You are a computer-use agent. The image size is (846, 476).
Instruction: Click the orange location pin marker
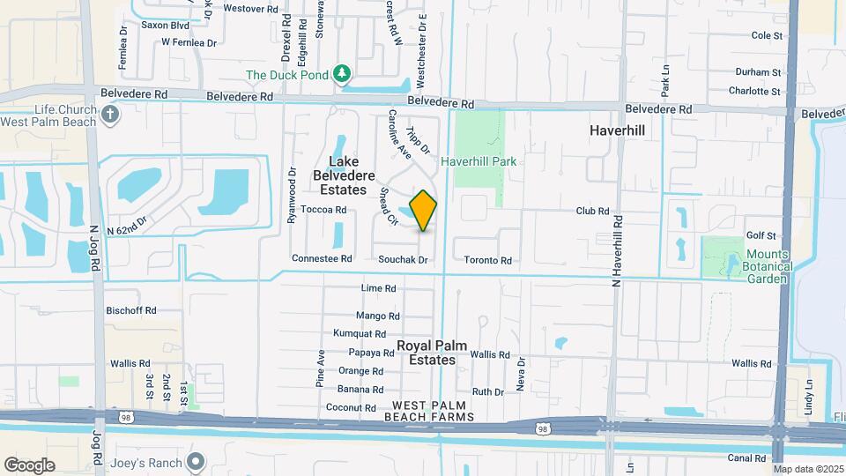(x=424, y=210)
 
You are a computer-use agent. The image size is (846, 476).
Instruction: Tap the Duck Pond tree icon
(x=342, y=75)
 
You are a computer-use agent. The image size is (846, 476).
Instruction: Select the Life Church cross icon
(x=109, y=115)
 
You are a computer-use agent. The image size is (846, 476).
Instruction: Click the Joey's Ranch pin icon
(x=196, y=462)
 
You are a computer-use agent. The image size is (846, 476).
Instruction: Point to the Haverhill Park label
(x=479, y=161)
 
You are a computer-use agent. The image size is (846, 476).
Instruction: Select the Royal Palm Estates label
(x=426, y=353)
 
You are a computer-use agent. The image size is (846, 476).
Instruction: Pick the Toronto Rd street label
(x=488, y=260)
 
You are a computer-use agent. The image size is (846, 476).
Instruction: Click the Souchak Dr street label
(x=402, y=260)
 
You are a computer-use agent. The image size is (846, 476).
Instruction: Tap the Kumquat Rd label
(x=360, y=334)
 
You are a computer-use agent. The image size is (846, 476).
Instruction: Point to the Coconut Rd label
(x=352, y=407)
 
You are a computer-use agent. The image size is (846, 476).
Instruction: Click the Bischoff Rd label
(x=130, y=310)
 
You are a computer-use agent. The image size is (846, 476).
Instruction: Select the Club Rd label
(x=592, y=212)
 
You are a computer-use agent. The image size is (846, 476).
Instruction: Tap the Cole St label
(x=767, y=35)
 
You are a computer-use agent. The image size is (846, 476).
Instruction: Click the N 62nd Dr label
(x=126, y=227)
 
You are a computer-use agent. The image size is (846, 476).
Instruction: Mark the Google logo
(x=29, y=465)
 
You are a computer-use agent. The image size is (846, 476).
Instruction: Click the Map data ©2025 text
(x=808, y=469)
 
